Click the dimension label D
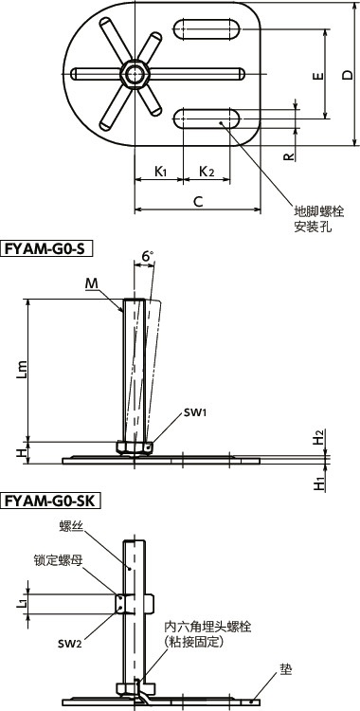click(x=347, y=75)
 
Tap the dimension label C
click(x=197, y=200)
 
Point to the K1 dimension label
click(x=161, y=172)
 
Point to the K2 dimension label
click(x=206, y=172)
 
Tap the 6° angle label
click(x=146, y=257)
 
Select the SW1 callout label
click(x=169, y=413)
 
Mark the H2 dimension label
click(x=319, y=438)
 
